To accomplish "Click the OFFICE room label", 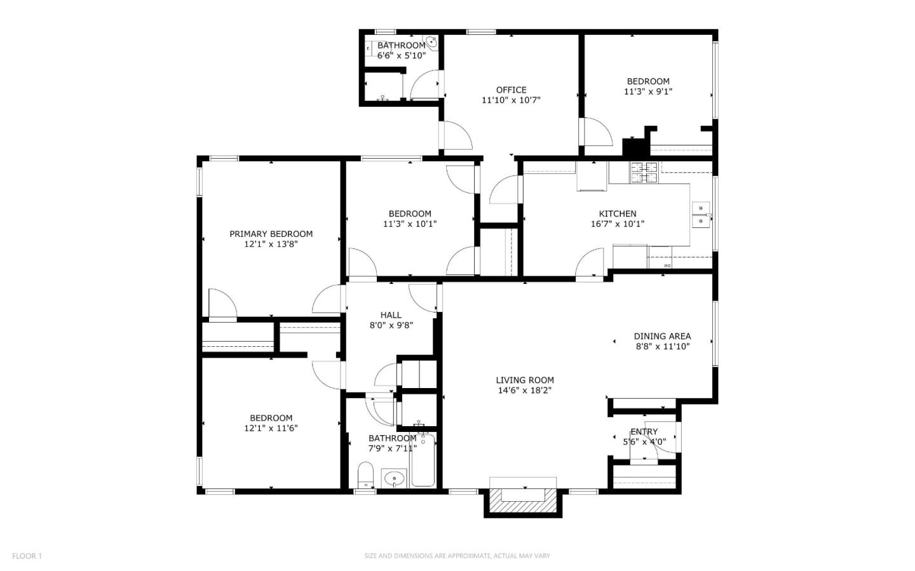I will click(x=511, y=90).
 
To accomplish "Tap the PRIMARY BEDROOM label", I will click(x=271, y=234).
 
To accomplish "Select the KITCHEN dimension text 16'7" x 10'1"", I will click(x=617, y=224).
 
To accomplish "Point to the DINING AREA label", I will click(x=662, y=336).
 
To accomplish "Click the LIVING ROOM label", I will click(x=524, y=380).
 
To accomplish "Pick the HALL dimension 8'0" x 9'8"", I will click(x=391, y=325).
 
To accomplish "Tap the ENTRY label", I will click(x=644, y=432).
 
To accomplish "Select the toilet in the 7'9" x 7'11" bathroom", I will click(x=365, y=476).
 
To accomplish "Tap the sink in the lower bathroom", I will click(x=395, y=478).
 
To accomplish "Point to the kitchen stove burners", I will click(x=643, y=172).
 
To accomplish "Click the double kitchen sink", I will click(x=701, y=215).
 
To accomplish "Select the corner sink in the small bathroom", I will click(x=431, y=43).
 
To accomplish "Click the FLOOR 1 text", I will click(x=27, y=556).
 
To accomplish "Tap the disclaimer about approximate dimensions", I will click(x=457, y=556).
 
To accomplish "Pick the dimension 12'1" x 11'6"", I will click(x=271, y=428).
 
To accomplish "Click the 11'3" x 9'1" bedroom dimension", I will click(x=647, y=91).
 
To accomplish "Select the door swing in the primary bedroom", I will click(x=222, y=304).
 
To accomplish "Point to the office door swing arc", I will click(x=456, y=135).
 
